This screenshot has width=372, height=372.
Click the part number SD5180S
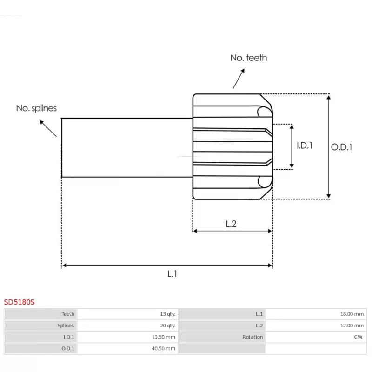coord(20,302)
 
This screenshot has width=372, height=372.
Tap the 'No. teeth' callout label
coord(249,58)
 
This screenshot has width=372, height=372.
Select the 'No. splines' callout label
coord(36,108)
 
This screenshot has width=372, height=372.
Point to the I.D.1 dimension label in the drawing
coord(305,146)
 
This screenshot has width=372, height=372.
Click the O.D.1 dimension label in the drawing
coord(341,147)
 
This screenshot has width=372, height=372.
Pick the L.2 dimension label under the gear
coord(231,224)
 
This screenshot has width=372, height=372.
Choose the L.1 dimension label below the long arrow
coord(173,274)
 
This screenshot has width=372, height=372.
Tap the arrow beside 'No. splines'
coord(48,128)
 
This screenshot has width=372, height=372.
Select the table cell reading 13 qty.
coord(167,314)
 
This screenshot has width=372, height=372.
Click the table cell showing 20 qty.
coord(167,325)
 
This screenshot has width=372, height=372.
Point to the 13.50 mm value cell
coord(165,337)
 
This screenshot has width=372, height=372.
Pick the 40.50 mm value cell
coord(165,348)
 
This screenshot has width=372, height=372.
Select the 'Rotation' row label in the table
coord(252,337)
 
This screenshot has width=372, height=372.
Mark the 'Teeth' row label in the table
coord(68,314)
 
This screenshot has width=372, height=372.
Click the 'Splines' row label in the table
coord(66,325)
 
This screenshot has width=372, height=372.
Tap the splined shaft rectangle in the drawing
coord(127,147)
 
